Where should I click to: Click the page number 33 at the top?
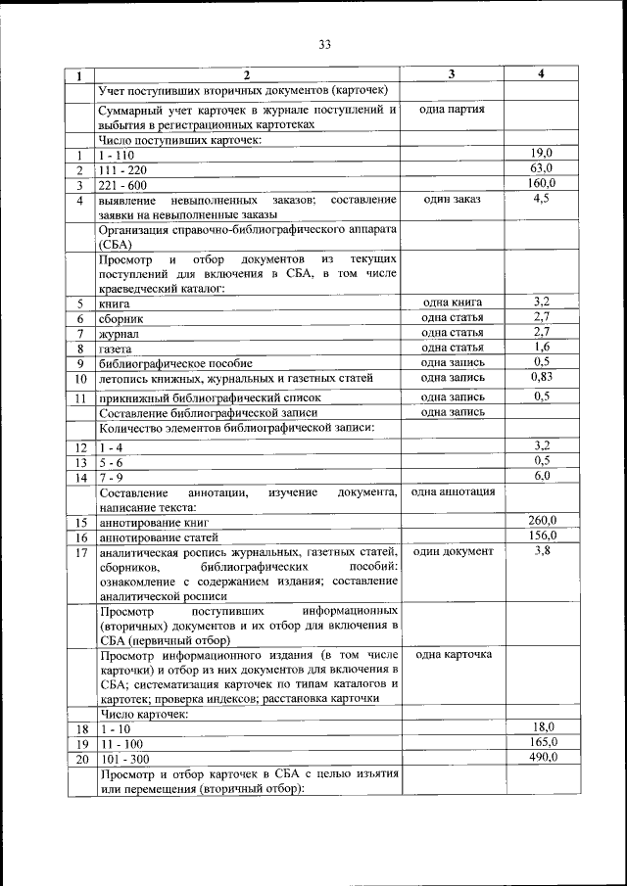tap(325, 43)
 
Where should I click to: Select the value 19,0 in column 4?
tap(542, 154)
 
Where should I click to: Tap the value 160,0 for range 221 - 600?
tap(542, 183)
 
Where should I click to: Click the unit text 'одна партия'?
tap(452, 110)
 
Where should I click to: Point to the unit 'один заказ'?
tap(452, 199)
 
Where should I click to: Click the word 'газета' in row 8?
tap(117, 349)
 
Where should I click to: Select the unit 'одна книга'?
tap(452, 303)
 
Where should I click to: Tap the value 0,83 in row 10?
tap(542, 377)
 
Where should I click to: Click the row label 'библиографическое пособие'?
tap(174, 363)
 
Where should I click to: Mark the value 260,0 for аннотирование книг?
tap(542, 521)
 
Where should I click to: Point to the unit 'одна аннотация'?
tap(452, 491)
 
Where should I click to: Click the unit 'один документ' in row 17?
tap(452, 552)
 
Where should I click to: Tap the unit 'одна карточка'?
tap(452, 654)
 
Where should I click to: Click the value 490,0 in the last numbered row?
tap(542, 757)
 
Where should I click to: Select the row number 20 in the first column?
tap(81, 759)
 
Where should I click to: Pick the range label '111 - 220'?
tap(121, 170)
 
